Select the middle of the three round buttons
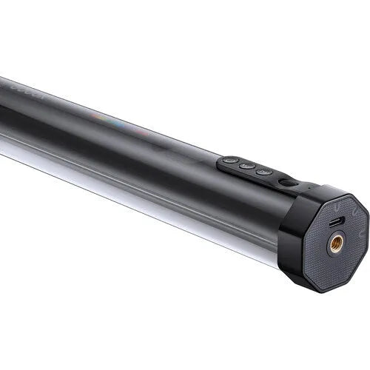pos(246,166)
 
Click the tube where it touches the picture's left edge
pos(2,111)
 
